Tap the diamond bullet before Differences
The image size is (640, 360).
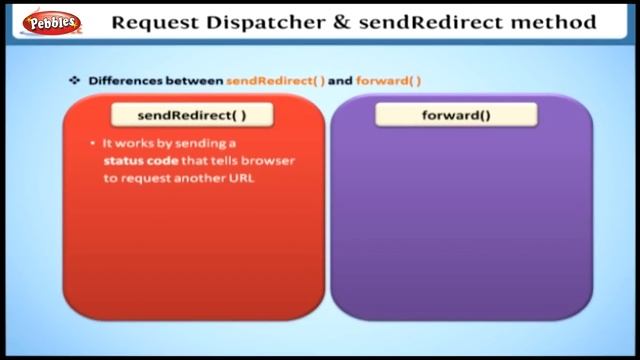(x=74, y=79)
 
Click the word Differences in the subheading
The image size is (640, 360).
(x=123, y=79)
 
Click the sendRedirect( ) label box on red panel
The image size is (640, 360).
(x=192, y=115)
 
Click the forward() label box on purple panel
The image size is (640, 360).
(x=456, y=115)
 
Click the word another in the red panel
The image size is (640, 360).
(x=202, y=179)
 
